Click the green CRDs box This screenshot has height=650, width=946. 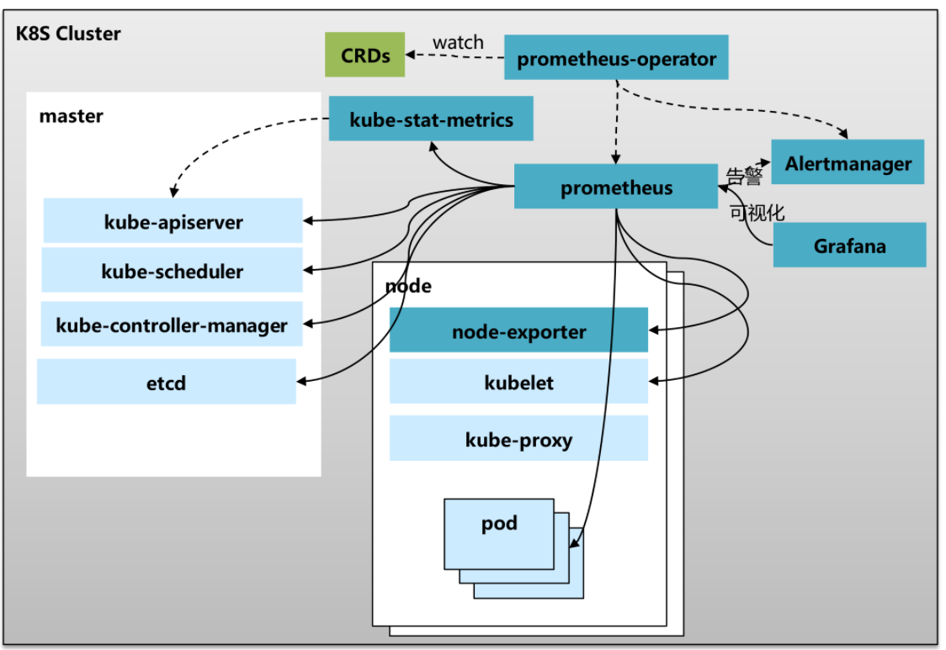pos(365,55)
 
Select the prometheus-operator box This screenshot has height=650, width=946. pos(616,58)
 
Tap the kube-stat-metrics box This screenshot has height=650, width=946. pos(431,119)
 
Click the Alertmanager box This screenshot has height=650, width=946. pos(848,162)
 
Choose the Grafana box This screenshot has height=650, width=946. pos(849,246)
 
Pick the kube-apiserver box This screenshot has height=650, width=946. pos(173,221)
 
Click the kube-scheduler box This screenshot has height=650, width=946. pos(173,271)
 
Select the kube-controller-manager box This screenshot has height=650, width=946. pos(172,325)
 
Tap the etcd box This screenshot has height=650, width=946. pos(167,383)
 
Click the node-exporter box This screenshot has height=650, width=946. pos(518,330)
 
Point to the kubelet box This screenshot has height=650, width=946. pos(518,382)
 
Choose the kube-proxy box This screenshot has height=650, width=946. pos(518,439)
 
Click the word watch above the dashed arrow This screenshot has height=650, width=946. pos(458,42)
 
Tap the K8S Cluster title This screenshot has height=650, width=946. pos(68,34)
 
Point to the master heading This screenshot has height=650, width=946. pos(72,116)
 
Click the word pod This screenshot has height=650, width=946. pos(499,523)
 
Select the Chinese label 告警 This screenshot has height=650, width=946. pos(744,177)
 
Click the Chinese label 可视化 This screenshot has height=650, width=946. pos(757,212)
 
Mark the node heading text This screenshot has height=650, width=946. pos(409,285)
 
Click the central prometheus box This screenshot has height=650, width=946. pos(616,187)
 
